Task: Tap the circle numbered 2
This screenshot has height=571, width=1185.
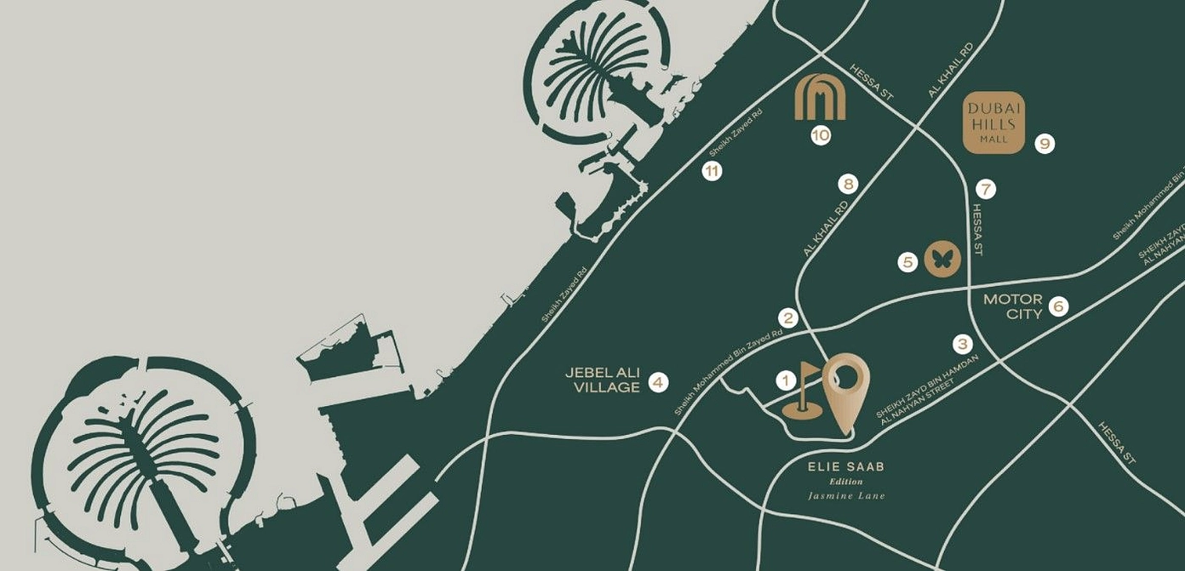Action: (789, 318)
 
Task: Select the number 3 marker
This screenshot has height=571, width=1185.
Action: (963, 344)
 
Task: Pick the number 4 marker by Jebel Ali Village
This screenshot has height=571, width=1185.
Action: (658, 382)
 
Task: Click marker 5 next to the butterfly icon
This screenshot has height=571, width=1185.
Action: (908, 262)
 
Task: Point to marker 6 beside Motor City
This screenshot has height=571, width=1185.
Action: (1058, 306)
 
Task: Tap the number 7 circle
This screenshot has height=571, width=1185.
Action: (986, 189)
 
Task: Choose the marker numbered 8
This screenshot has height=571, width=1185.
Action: (847, 183)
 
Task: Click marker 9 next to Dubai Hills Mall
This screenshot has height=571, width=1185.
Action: (1045, 144)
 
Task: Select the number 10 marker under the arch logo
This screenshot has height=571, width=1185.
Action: (821, 134)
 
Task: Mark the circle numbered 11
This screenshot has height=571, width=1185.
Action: (712, 171)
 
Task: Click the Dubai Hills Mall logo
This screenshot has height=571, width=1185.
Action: (993, 123)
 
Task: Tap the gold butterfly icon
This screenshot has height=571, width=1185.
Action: (942, 260)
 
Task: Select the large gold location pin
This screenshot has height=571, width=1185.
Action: (845, 387)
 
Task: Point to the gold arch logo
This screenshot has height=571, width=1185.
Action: (820, 98)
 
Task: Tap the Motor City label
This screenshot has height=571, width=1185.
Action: (1013, 306)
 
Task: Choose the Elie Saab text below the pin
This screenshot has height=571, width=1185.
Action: (845, 466)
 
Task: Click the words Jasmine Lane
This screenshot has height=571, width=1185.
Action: (846, 495)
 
